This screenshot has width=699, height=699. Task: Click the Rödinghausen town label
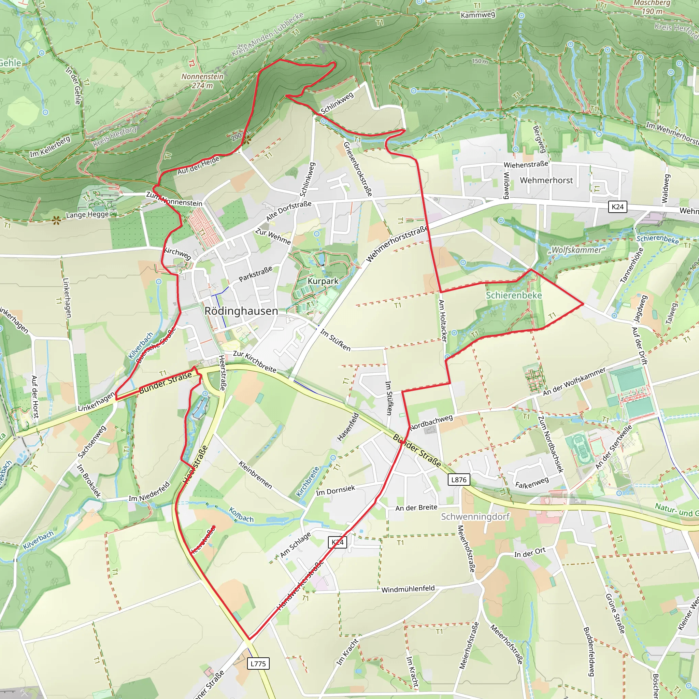click(241, 311)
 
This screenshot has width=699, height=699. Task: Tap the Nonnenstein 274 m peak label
click(202, 81)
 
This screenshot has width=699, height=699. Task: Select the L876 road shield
click(459, 480)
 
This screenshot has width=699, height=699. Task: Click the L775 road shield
click(258, 664)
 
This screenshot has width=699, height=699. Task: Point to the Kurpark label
click(323, 281)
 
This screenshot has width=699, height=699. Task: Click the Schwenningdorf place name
click(475, 517)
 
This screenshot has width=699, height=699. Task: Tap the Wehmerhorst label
click(546, 180)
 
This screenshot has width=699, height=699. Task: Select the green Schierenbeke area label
click(514, 296)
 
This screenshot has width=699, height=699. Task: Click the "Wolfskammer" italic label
click(577, 250)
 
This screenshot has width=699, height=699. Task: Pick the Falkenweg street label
click(532, 483)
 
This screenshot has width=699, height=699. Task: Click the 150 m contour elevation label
click(480, 61)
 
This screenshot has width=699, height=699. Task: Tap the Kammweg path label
click(477, 15)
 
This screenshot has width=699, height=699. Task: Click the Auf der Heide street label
click(198, 166)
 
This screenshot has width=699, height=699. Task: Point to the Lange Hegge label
click(87, 215)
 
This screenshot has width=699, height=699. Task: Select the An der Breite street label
click(416, 508)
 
